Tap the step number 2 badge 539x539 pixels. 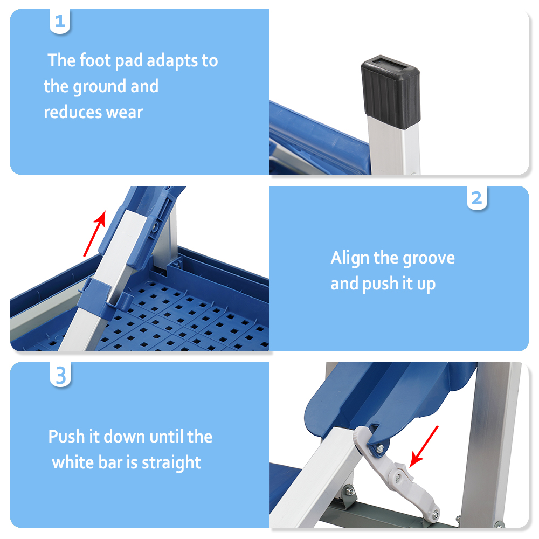476,198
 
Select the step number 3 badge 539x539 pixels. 60,375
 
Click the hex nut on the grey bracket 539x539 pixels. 349,492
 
